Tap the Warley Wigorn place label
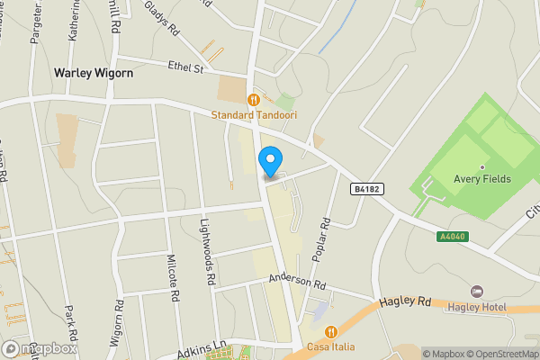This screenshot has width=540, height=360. click(94, 72)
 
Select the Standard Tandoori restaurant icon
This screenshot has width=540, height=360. click(255, 100)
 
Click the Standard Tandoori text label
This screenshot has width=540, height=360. click(255, 114)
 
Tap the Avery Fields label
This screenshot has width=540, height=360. click(483, 178)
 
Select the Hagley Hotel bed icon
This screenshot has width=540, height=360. click(477, 292)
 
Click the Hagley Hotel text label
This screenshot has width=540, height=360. click(477, 307)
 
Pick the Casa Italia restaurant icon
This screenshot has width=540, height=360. click(332, 332)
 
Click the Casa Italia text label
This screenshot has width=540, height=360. click(332, 346)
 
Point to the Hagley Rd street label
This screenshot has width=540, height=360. click(404, 303)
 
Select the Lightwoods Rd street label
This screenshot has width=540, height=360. click(209, 255)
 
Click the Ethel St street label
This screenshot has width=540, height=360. click(187, 66)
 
